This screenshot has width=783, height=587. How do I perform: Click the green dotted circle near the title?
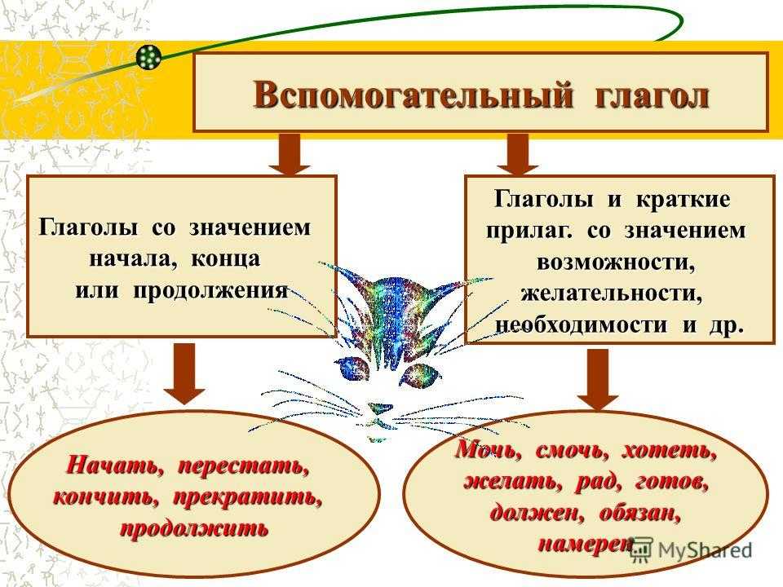point(149,57)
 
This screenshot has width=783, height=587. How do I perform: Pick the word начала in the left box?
point(130,259)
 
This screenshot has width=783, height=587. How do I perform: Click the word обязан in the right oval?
point(639,513)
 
